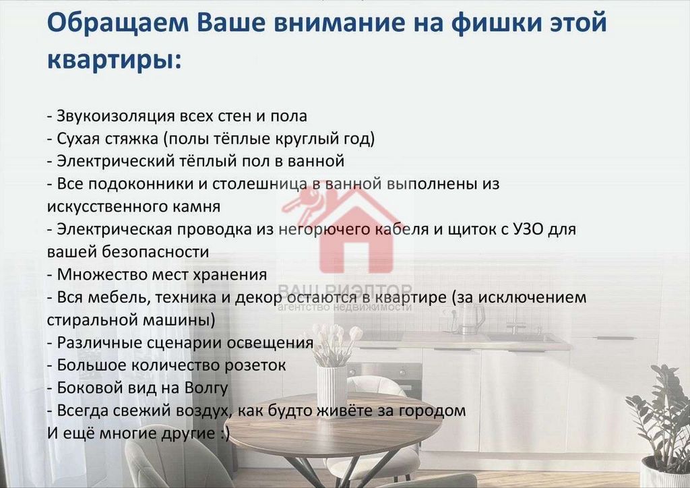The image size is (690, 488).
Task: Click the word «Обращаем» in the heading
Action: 118,24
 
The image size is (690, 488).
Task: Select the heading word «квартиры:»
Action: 115,59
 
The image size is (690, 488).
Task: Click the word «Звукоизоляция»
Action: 116,116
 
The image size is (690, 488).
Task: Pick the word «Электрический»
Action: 116,161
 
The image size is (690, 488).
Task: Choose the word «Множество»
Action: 102,274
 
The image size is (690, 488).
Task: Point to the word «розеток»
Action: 255,365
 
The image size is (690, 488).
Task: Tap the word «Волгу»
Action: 206,388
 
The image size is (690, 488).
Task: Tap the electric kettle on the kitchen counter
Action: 471,317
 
